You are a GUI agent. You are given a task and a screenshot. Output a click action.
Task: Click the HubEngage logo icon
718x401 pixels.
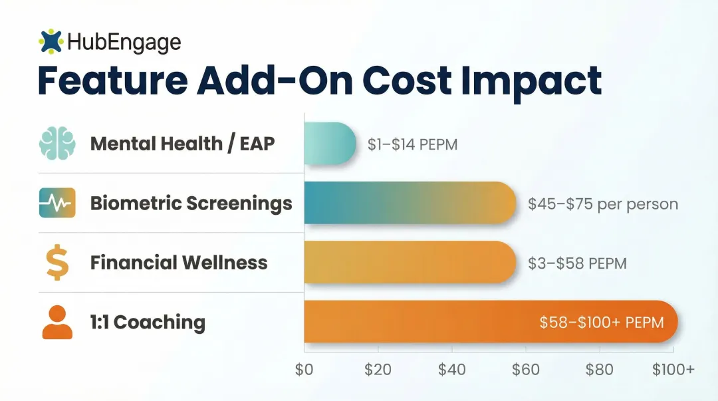51,42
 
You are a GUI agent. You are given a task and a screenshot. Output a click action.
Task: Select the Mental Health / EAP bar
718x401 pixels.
330,144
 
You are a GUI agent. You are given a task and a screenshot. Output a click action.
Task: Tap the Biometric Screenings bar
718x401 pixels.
410,203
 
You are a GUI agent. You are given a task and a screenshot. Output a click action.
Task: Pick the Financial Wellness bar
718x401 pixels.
410,262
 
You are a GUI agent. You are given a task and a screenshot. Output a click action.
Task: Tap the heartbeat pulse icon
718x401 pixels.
57,203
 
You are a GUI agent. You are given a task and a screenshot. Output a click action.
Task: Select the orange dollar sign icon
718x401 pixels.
56,262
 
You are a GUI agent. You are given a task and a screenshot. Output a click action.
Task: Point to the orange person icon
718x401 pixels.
57,322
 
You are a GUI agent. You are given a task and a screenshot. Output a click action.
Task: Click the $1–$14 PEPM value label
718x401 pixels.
412,144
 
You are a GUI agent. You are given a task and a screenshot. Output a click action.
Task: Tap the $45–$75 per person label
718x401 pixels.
603,203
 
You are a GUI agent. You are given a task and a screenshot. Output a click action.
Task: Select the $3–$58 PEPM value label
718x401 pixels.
577,263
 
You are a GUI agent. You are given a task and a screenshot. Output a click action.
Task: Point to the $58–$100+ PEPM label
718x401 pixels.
601,323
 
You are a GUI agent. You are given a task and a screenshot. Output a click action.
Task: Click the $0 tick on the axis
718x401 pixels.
304,369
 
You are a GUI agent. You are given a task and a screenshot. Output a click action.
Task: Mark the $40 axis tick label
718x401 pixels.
452,369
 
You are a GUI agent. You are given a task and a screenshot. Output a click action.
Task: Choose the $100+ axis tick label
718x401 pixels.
673,369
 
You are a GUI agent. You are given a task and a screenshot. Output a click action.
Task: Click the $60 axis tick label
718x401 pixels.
526,369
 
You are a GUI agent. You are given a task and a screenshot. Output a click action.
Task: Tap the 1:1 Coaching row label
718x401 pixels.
148,323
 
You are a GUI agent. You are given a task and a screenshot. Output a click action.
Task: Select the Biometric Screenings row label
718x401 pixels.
191,203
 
